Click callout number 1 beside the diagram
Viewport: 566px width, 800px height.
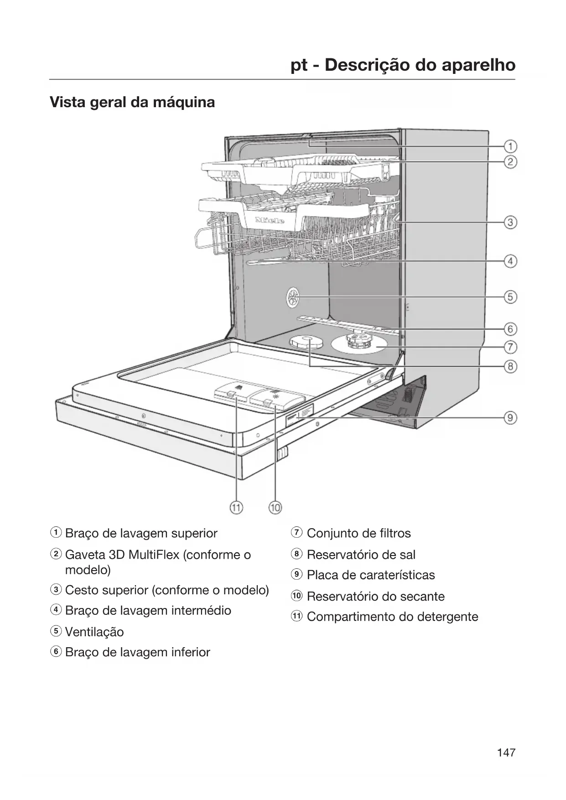[510, 146]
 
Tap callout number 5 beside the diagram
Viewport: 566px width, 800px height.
[510, 297]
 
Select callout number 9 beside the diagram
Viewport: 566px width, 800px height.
[510, 417]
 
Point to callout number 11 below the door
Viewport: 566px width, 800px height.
[236, 508]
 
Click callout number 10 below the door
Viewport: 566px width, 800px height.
[275, 508]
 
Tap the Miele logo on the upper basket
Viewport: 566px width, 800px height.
[270, 221]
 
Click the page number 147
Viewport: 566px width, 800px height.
[506, 753]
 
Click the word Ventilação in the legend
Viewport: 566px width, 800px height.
[94, 632]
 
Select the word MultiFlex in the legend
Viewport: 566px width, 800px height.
[154, 555]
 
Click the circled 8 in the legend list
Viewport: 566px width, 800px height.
[297, 554]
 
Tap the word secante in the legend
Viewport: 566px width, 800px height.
[423, 596]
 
